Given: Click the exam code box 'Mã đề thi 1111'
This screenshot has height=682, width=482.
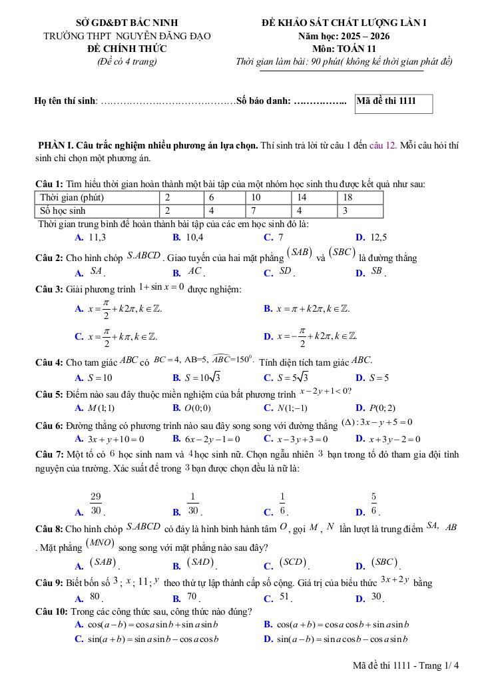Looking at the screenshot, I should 394,102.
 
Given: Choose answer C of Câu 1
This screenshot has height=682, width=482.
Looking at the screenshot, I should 274,237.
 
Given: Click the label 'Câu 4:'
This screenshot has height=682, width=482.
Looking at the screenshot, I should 49,362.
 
